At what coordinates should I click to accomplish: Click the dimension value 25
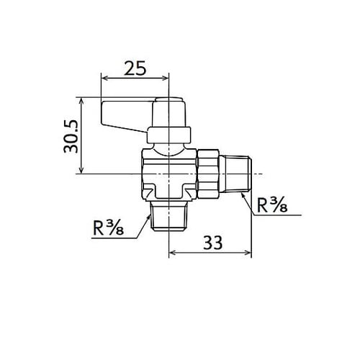(135, 68)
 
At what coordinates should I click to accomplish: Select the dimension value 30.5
(71, 136)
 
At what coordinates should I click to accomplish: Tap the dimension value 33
(213, 243)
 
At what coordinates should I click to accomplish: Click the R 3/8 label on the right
(272, 205)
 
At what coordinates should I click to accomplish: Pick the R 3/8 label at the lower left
(108, 228)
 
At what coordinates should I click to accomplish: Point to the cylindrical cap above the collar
(169, 112)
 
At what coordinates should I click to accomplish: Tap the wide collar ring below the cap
(169, 135)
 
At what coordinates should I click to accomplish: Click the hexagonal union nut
(208, 174)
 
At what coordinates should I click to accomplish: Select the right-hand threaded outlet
(235, 174)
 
